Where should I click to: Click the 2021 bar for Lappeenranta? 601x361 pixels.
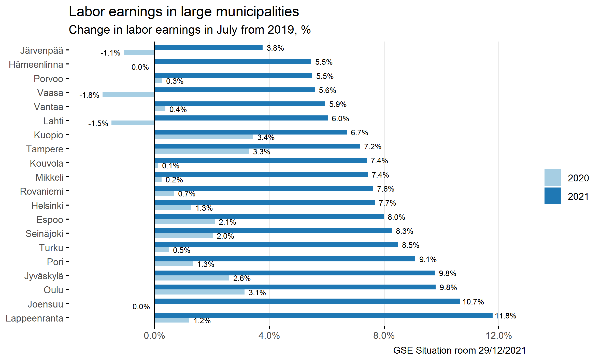click(323, 315)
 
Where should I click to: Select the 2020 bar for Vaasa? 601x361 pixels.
click(128, 95)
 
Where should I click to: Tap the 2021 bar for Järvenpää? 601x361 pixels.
click(208, 48)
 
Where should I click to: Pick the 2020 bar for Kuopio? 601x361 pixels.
click(204, 137)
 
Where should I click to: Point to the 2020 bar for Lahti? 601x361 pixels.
click(133, 123)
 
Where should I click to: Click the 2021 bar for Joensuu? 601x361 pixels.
click(307, 301)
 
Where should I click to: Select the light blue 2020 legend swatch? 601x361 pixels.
click(553, 178)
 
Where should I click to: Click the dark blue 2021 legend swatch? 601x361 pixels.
click(553, 196)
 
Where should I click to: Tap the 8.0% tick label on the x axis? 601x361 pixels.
click(384, 336)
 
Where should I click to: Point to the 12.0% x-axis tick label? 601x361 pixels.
click(498, 336)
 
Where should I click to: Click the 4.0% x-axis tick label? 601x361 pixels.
click(269, 336)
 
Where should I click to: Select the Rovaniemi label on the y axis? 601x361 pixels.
click(42, 191)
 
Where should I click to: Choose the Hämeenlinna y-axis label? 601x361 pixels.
click(36, 65)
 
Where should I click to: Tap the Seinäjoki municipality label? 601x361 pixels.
click(44, 234)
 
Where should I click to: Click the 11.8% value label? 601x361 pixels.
click(506, 316)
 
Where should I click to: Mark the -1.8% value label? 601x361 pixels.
click(89, 95)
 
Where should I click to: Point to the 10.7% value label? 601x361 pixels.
click(473, 302)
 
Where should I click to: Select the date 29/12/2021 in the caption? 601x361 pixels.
click(502, 351)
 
